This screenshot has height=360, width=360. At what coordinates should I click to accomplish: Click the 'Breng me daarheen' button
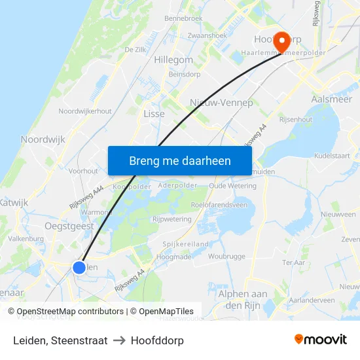pos(179,160)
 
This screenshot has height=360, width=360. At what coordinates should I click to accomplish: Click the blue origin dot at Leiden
pos(79,267)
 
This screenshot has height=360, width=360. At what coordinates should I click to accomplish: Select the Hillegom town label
pos(173,60)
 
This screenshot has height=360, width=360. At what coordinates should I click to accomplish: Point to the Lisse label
pos(154,113)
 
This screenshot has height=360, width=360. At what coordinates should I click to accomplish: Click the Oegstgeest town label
pos(69,226)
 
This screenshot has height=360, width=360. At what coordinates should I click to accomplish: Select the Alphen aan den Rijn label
pos(243,300)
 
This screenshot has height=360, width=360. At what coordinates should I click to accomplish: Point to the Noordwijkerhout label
pos(85,111)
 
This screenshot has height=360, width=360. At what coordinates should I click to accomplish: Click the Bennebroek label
pos(184,18)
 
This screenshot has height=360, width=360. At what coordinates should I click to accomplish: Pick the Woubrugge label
pos(226,256)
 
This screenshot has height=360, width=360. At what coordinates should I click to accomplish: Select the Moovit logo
pos(321,340)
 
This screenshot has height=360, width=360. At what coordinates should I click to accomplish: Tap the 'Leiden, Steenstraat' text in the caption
pos(60,340)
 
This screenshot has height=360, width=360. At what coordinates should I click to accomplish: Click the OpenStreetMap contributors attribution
pos(66,312)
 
